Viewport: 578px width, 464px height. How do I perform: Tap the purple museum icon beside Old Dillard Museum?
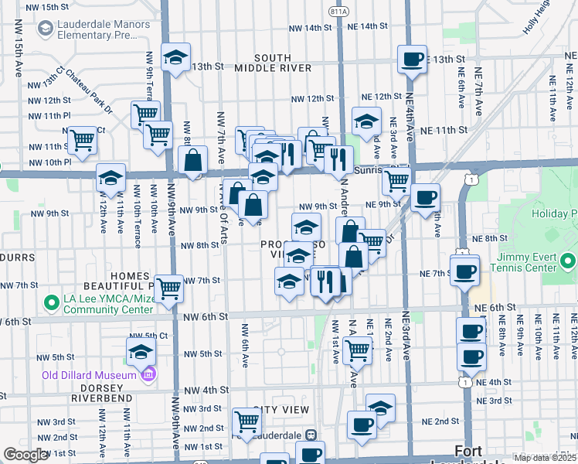tap(148, 375)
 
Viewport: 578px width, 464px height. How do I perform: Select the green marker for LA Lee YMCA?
tap(52, 302)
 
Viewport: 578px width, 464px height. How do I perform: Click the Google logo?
tap(25, 455)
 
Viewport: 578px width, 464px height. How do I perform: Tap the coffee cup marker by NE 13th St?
tap(412, 59)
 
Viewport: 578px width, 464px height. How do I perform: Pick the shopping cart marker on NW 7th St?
tap(168, 288)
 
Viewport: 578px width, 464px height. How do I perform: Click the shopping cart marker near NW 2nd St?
tap(246, 421)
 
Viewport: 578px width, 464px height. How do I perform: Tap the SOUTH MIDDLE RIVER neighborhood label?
tap(273, 63)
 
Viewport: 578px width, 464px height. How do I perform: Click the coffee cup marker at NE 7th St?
tap(464, 271)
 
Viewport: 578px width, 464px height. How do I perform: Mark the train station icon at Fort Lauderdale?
tap(311, 435)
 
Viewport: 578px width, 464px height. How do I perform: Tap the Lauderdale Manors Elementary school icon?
tap(44, 29)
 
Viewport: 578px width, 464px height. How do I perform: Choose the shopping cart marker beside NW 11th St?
tap(82, 140)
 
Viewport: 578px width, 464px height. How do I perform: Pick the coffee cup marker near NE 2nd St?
tap(362, 425)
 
